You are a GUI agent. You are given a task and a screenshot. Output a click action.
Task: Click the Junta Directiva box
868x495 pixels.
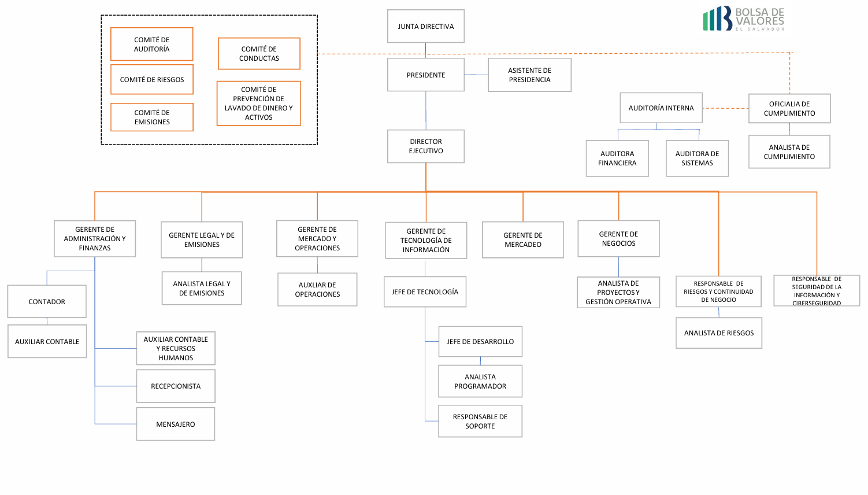tap(426, 26)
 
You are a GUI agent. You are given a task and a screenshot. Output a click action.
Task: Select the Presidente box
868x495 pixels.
tap(426, 75)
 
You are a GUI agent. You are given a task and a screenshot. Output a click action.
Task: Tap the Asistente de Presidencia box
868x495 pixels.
tap(529, 75)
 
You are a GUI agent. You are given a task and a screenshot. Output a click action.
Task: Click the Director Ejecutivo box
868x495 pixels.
tap(426, 146)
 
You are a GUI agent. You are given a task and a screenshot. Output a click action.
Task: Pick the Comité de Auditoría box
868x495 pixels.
tap(152, 44)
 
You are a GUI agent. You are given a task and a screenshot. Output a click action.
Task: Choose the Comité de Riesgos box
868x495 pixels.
tap(152, 79)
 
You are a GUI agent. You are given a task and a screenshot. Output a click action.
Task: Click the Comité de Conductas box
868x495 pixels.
tap(259, 54)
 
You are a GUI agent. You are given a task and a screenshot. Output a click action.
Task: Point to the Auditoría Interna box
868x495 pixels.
tap(661, 108)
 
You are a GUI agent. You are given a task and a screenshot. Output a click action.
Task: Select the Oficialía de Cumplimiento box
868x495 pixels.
tap(789, 108)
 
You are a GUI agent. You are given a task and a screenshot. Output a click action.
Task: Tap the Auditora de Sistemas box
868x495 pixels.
tap(697, 158)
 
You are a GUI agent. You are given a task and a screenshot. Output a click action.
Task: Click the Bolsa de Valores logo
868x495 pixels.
tap(743, 19)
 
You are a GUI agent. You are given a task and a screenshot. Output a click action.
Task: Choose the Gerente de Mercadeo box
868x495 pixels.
tap(523, 240)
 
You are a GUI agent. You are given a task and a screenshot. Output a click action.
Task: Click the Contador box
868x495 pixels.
tap(47, 301)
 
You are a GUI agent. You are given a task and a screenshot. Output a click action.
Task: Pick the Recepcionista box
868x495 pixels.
tap(176, 386)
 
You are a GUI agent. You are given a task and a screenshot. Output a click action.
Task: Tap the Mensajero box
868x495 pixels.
tap(176, 424)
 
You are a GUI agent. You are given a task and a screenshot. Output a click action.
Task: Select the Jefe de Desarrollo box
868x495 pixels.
tap(480, 341)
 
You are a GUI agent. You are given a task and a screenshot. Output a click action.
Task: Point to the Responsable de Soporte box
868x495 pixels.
tap(480, 421)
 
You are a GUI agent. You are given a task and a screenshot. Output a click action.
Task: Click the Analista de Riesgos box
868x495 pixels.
tap(719, 333)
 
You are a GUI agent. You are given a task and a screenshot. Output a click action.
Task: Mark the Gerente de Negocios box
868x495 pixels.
tap(618, 238)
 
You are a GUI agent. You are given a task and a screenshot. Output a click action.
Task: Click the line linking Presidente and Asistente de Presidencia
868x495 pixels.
tap(476, 75)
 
